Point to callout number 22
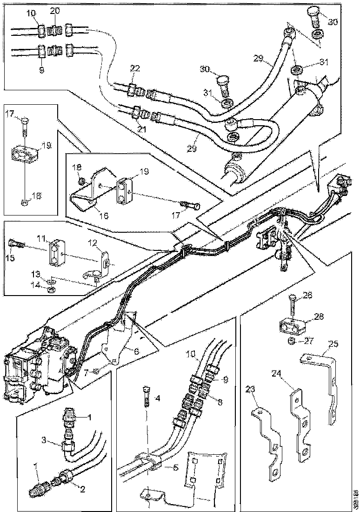135,68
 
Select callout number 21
142,129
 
